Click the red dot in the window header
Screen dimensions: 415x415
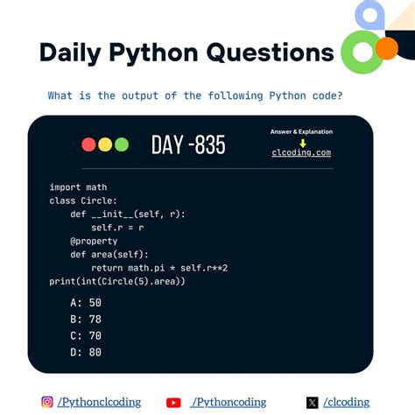click(x=89, y=144)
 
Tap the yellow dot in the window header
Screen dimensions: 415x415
click(x=105, y=144)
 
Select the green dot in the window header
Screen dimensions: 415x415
click(x=121, y=144)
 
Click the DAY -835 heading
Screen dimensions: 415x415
click(x=187, y=144)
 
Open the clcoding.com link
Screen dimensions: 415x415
click(x=301, y=152)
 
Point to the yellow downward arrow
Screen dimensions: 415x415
click(x=301, y=142)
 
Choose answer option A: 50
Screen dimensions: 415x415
click(x=86, y=301)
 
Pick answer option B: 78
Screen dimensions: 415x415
click(x=86, y=318)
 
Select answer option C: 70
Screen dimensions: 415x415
click(x=86, y=334)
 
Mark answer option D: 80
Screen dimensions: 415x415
click(x=86, y=352)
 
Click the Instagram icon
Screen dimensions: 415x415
click(x=47, y=402)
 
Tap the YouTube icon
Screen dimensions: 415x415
click(x=173, y=403)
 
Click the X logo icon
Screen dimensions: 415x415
click(x=313, y=403)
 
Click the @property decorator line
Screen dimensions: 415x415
click(x=93, y=241)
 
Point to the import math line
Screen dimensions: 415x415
click(x=78, y=186)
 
